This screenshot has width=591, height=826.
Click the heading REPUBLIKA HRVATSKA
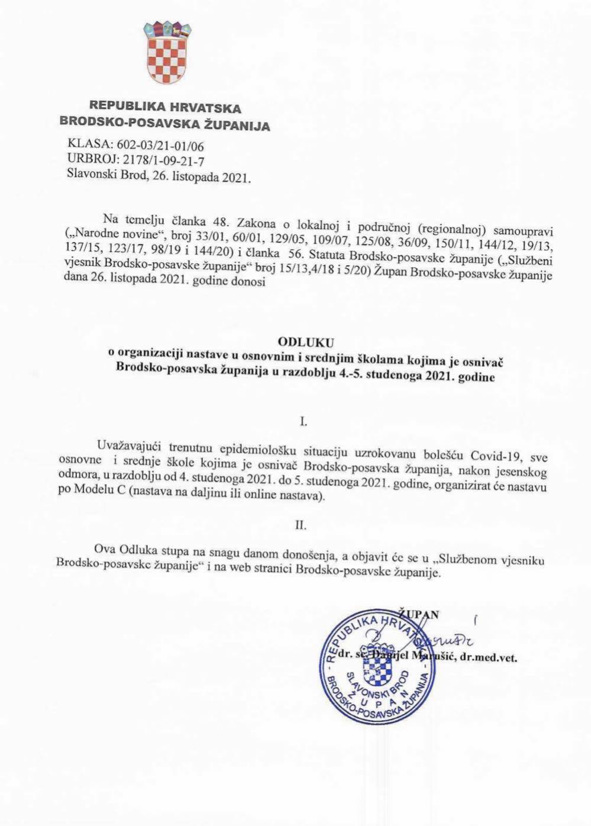(165, 108)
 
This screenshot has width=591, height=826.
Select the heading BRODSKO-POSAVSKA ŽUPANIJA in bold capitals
(165, 125)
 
